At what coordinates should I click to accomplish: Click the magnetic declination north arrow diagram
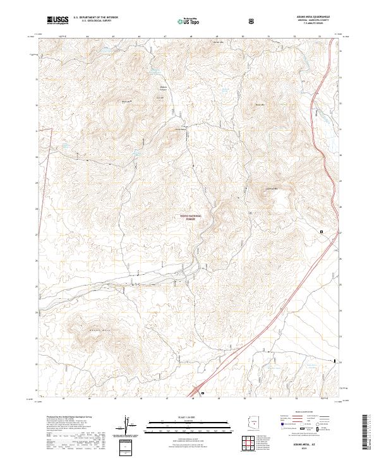pyautogui.click(x=127, y=425)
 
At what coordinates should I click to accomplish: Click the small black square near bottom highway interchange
pyautogui.click(x=203, y=394)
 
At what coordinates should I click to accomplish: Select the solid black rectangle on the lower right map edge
pyautogui.click(x=335, y=361)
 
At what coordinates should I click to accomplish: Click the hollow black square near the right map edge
pyautogui.click(x=321, y=232)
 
